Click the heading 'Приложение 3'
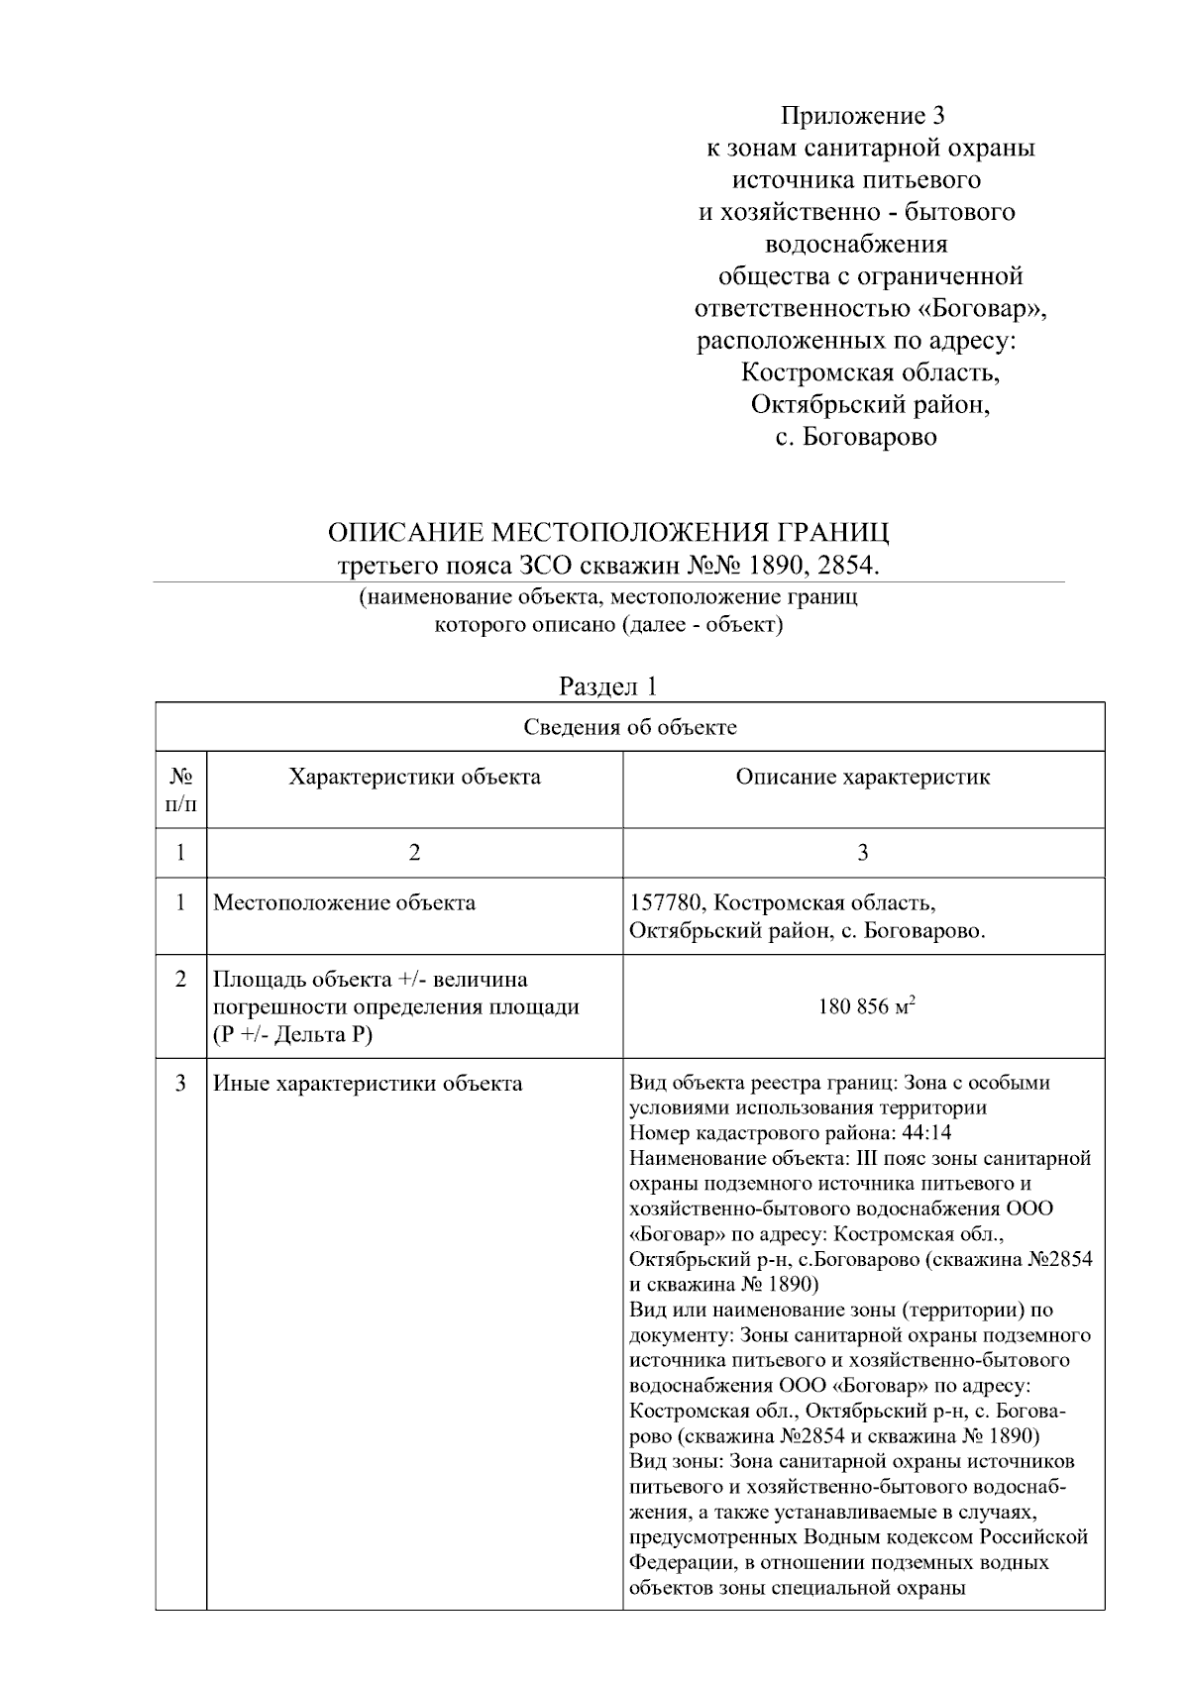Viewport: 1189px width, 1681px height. point(863,116)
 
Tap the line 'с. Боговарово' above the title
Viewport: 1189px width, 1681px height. point(856,437)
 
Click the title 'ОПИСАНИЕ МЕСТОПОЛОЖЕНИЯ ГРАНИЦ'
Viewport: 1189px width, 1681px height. point(608,533)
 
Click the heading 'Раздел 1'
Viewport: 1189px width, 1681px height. point(608,685)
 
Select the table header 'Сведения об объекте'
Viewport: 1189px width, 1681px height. point(630,728)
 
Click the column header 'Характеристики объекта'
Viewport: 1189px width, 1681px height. point(414,777)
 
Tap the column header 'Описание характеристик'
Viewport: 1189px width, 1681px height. point(862,777)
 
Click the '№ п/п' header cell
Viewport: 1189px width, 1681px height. point(180,789)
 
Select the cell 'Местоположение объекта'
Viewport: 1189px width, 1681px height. point(345,902)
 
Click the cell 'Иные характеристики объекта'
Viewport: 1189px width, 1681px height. point(368,1084)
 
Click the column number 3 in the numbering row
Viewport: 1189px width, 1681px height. point(862,853)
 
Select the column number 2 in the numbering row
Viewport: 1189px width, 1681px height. point(414,853)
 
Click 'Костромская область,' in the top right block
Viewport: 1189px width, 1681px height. point(870,373)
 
